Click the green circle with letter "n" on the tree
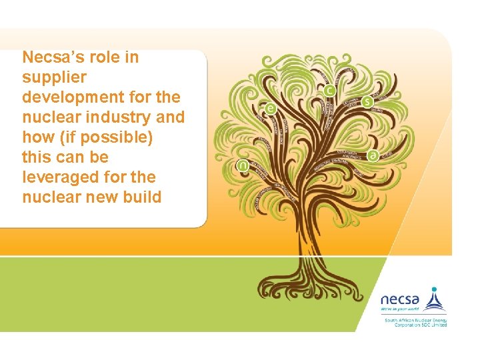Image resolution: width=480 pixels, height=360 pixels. pos(243,166)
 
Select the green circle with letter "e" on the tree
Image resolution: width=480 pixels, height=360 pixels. pos(270,108)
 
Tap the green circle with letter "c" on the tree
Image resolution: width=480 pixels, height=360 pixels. pos(329,91)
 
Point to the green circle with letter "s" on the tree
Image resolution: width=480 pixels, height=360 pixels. pos(367,102)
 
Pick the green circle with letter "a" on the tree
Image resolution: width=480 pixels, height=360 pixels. pos(373,155)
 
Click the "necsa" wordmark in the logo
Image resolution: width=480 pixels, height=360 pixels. pos(400,299)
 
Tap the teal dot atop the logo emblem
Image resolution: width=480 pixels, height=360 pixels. pos(435,290)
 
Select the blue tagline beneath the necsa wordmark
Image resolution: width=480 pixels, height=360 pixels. pos(400,309)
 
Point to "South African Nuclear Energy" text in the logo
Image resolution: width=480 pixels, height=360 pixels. pos(415,321)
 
